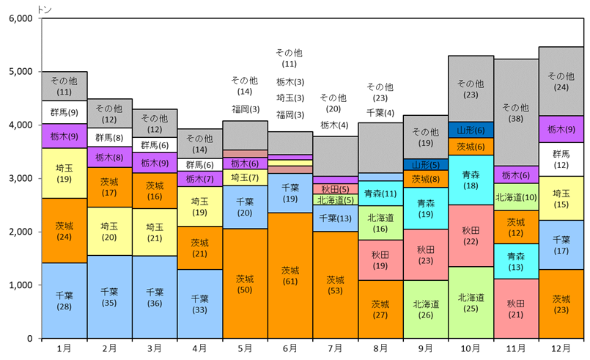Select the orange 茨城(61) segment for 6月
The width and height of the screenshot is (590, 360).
tap(290, 276)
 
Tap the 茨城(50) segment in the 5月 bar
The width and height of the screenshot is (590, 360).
tap(245, 284)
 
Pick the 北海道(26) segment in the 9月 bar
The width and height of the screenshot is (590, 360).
tap(426, 309)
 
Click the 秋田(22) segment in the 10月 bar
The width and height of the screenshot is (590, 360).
tap(471, 236)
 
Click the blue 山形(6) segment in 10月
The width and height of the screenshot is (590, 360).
tap(471, 130)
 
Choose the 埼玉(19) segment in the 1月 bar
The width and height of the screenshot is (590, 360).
tap(64, 173)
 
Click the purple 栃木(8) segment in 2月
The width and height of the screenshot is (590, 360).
tap(110, 157)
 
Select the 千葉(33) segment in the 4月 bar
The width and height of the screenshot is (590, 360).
tap(200, 304)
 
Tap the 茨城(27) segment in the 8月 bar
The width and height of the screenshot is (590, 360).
tap(380, 309)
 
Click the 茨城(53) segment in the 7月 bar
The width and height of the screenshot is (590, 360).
tap(335, 284)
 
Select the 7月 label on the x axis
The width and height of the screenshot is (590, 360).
tap(335, 348)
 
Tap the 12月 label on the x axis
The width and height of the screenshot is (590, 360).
tap(561, 348)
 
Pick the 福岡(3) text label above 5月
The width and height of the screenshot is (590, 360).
tap(245, 109)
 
